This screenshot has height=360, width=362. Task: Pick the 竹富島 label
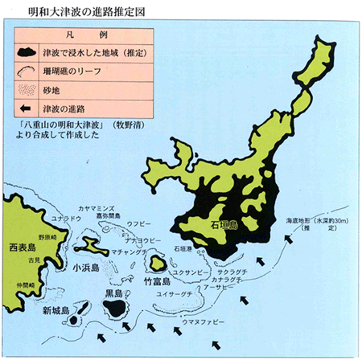[156, 282]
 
